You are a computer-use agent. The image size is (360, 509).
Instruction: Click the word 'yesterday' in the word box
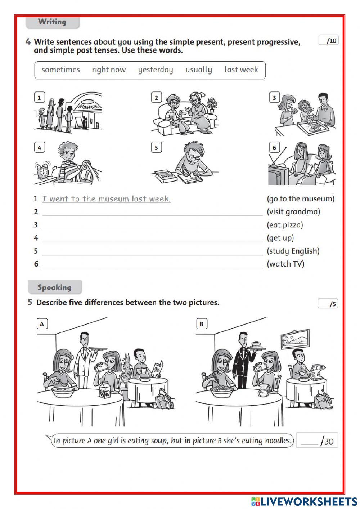156,70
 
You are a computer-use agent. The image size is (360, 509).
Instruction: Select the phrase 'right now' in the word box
109,70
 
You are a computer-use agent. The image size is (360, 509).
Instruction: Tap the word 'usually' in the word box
199,70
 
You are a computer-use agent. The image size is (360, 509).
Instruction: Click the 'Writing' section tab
53,22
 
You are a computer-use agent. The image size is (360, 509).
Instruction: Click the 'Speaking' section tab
55,287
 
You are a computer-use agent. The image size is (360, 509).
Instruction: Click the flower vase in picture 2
212,105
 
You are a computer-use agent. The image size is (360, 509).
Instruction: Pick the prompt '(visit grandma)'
293,212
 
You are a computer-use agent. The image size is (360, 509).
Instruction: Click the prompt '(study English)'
293,251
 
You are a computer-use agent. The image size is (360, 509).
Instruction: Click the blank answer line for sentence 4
152,238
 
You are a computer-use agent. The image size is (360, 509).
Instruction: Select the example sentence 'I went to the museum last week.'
107,199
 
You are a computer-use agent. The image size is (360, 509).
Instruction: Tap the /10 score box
328,40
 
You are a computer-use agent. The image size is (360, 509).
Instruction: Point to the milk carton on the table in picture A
105,390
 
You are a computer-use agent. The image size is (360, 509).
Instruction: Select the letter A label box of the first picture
42,324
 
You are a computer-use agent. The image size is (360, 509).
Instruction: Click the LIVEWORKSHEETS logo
304,501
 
